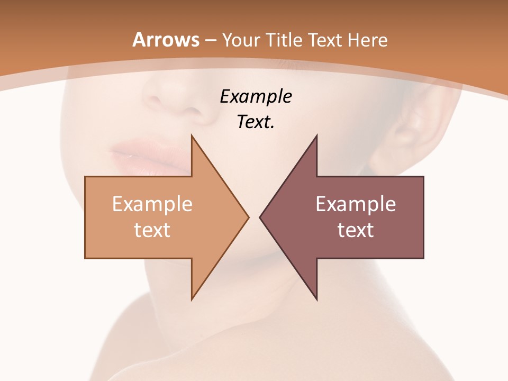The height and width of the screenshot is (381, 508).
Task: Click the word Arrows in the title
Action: tap(166, 40)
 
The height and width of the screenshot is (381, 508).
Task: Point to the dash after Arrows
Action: tap(211, 41)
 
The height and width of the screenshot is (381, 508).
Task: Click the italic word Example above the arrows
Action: tap(256, 97)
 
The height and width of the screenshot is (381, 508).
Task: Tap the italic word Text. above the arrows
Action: tap(256, 122)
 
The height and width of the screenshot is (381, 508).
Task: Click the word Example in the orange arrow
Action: tap(152, 204)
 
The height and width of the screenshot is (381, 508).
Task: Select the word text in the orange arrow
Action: tap(152, 230)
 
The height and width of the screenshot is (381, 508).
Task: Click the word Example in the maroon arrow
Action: tap(356, 204)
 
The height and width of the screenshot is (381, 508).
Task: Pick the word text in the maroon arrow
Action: tap(356, 230)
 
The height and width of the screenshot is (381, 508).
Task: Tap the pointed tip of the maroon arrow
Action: tap(260, 217)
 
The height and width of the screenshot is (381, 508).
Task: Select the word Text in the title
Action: tap(324, 40)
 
